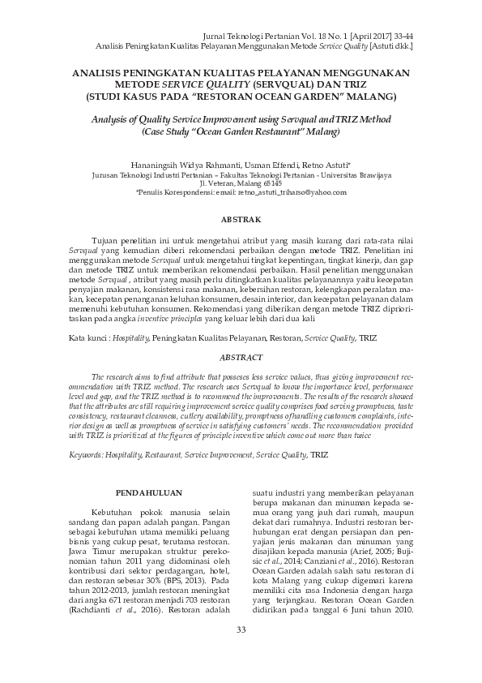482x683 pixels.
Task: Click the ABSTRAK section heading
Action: (241, 221)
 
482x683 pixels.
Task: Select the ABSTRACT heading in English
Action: (241, 358)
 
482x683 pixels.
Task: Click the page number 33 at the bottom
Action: (241, 654)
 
